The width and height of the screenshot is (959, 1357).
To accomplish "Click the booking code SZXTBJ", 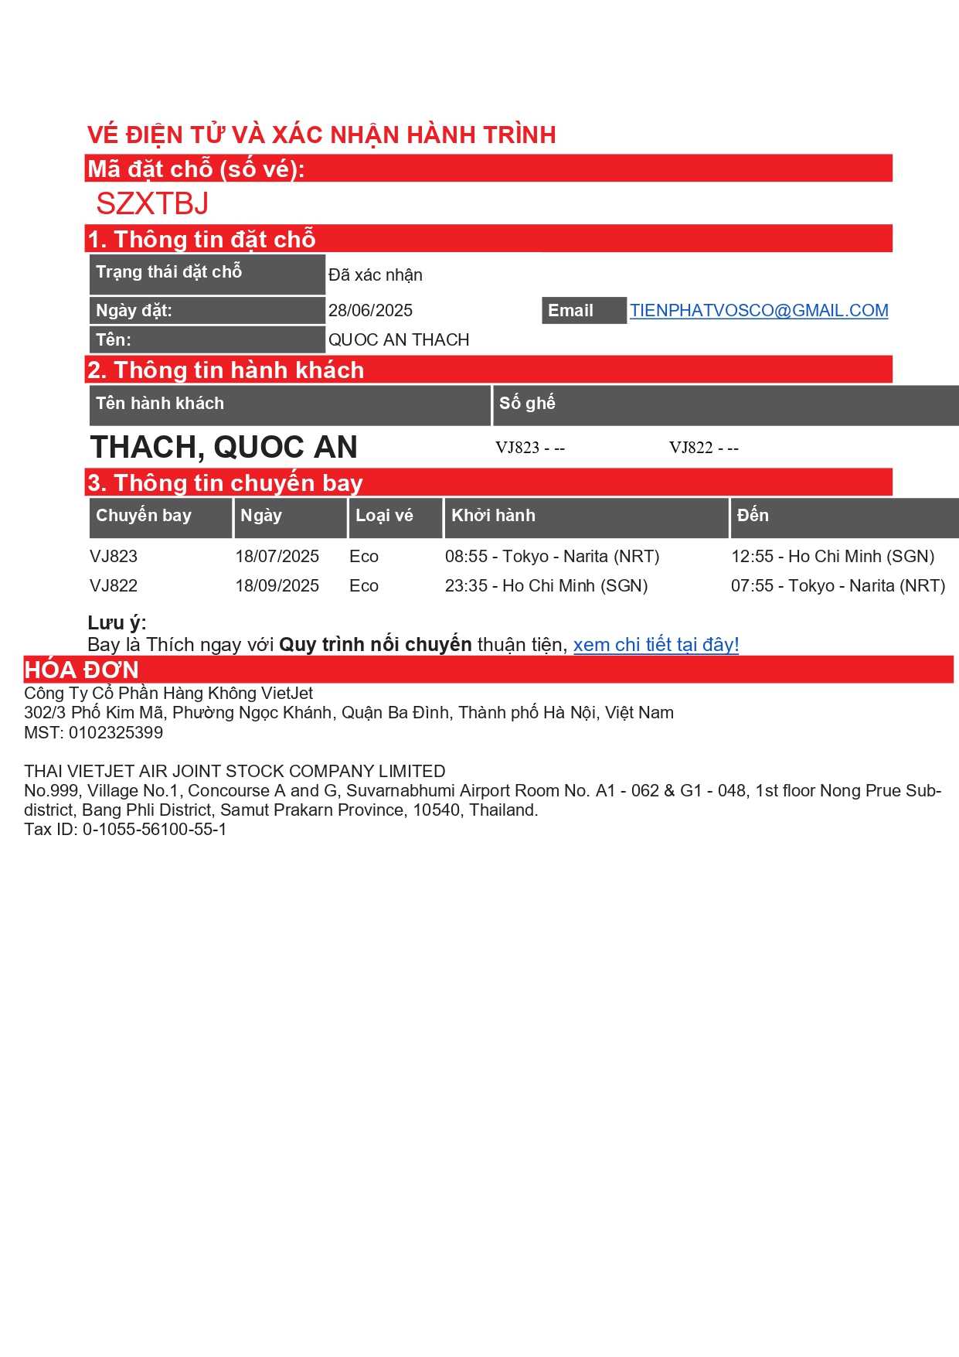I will coord(152,204).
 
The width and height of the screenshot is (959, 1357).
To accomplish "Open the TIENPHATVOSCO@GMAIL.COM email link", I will coord(758,311).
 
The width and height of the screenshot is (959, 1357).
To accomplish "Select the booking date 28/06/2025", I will coord(370,311).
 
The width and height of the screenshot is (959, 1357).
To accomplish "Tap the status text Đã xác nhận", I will coord(375,275).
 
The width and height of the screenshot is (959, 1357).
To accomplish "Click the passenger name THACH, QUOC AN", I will coord(223,448).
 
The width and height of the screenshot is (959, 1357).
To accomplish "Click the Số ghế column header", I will coord(527,403).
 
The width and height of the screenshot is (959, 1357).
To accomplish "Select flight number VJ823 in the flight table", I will coord(114,557).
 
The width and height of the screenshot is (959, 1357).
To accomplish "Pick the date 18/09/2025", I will coord(277,586).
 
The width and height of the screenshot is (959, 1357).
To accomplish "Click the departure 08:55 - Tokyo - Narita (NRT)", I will coord(552,557).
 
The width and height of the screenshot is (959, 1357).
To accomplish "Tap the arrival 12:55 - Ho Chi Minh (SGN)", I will coord(832,557).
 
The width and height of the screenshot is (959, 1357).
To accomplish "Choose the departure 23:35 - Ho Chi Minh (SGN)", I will coord(546,586).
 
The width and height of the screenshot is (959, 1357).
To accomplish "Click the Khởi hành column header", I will coord(493,516).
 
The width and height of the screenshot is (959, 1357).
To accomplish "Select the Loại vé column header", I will coord(384,516).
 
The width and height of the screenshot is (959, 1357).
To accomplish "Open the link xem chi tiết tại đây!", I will coord(655,645).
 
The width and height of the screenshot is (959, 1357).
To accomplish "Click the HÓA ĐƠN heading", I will coord(81,670).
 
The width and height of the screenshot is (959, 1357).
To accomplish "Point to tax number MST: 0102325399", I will coord(94,733).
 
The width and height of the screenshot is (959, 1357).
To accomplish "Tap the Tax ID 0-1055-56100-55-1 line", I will coord(125,830).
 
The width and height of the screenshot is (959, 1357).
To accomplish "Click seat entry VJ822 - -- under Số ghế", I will coord(703,448).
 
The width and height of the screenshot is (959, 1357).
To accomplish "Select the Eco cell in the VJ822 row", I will coord(363,586).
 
